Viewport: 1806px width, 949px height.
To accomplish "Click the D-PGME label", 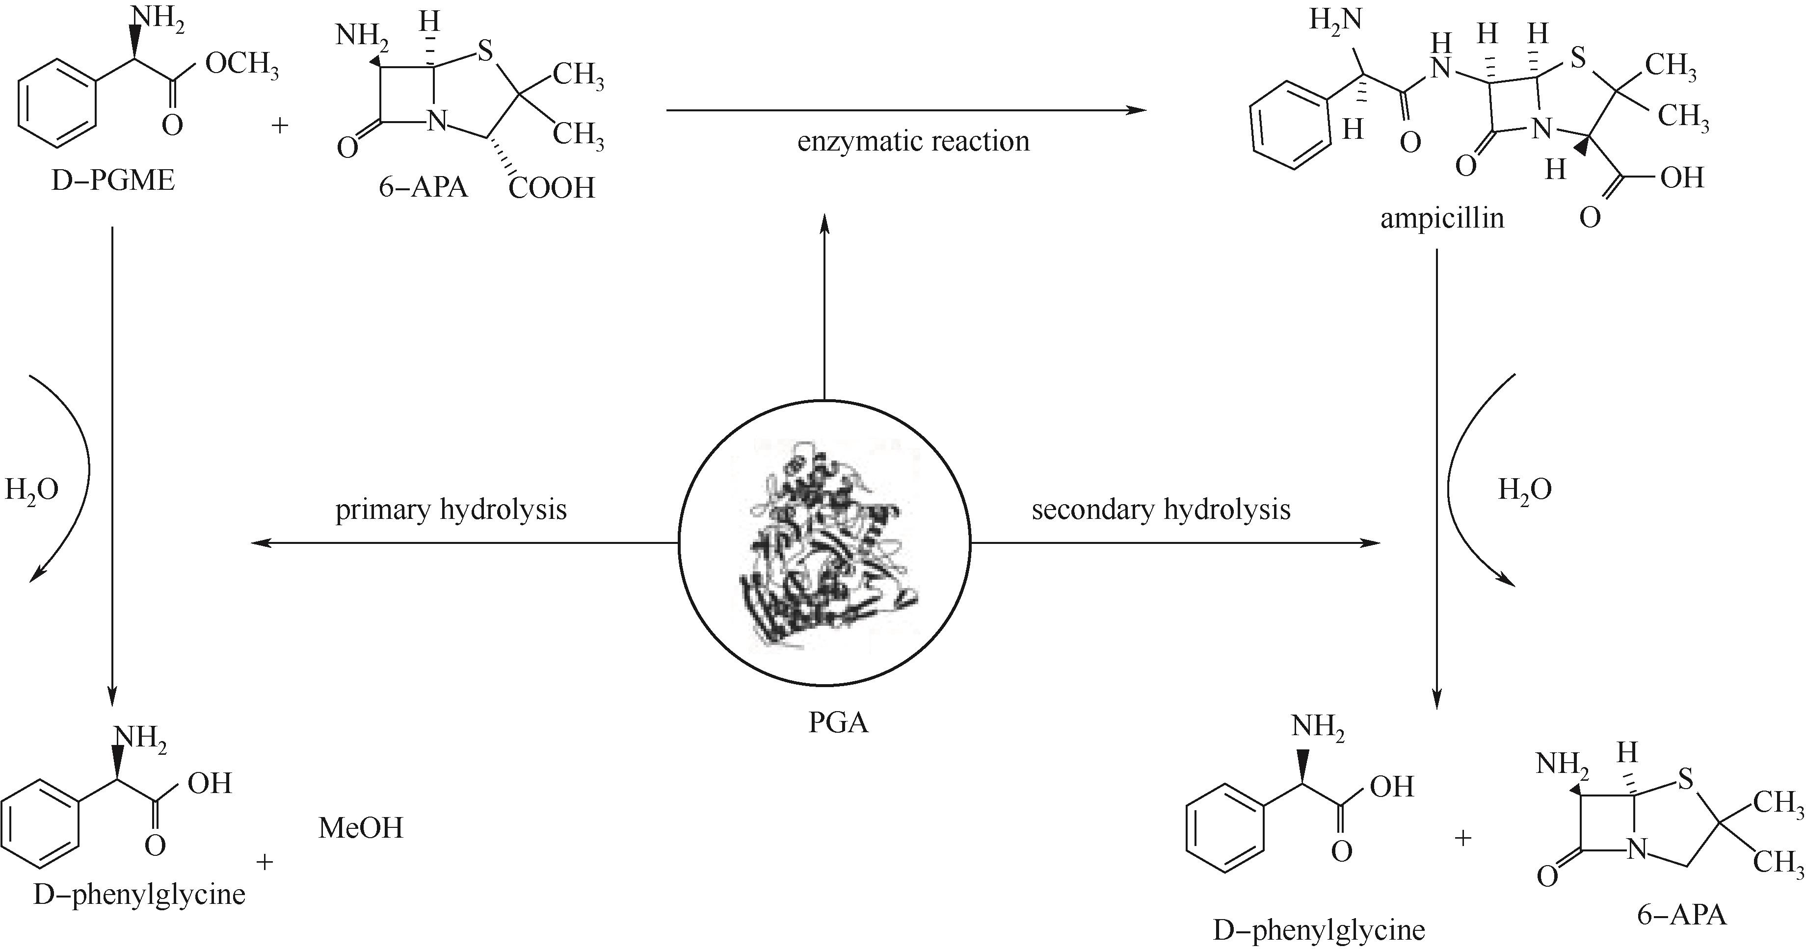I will pos(113,181).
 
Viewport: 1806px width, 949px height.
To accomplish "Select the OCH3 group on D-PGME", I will pos(242,65).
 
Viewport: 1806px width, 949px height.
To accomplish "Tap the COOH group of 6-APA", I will pos(552,188).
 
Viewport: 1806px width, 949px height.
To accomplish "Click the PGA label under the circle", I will pos(839,722).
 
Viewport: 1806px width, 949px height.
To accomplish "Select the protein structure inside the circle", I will pos(825,543).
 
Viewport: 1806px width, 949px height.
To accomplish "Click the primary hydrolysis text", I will pos(451,510).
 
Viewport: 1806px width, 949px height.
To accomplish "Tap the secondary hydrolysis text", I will pos(1161,510).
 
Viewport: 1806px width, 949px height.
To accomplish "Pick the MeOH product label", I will pos(361,828).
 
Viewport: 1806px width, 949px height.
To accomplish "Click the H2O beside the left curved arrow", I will pos(31,490).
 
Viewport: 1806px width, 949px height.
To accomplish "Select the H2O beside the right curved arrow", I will pos(1525,490).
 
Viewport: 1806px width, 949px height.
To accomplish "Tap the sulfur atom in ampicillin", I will pos(1577,58).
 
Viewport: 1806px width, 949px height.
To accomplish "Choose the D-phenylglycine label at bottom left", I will pos(139,895).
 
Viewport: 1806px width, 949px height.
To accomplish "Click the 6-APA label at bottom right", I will pos(1681,915).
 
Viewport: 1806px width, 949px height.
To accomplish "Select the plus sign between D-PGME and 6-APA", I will pos(280,126).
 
